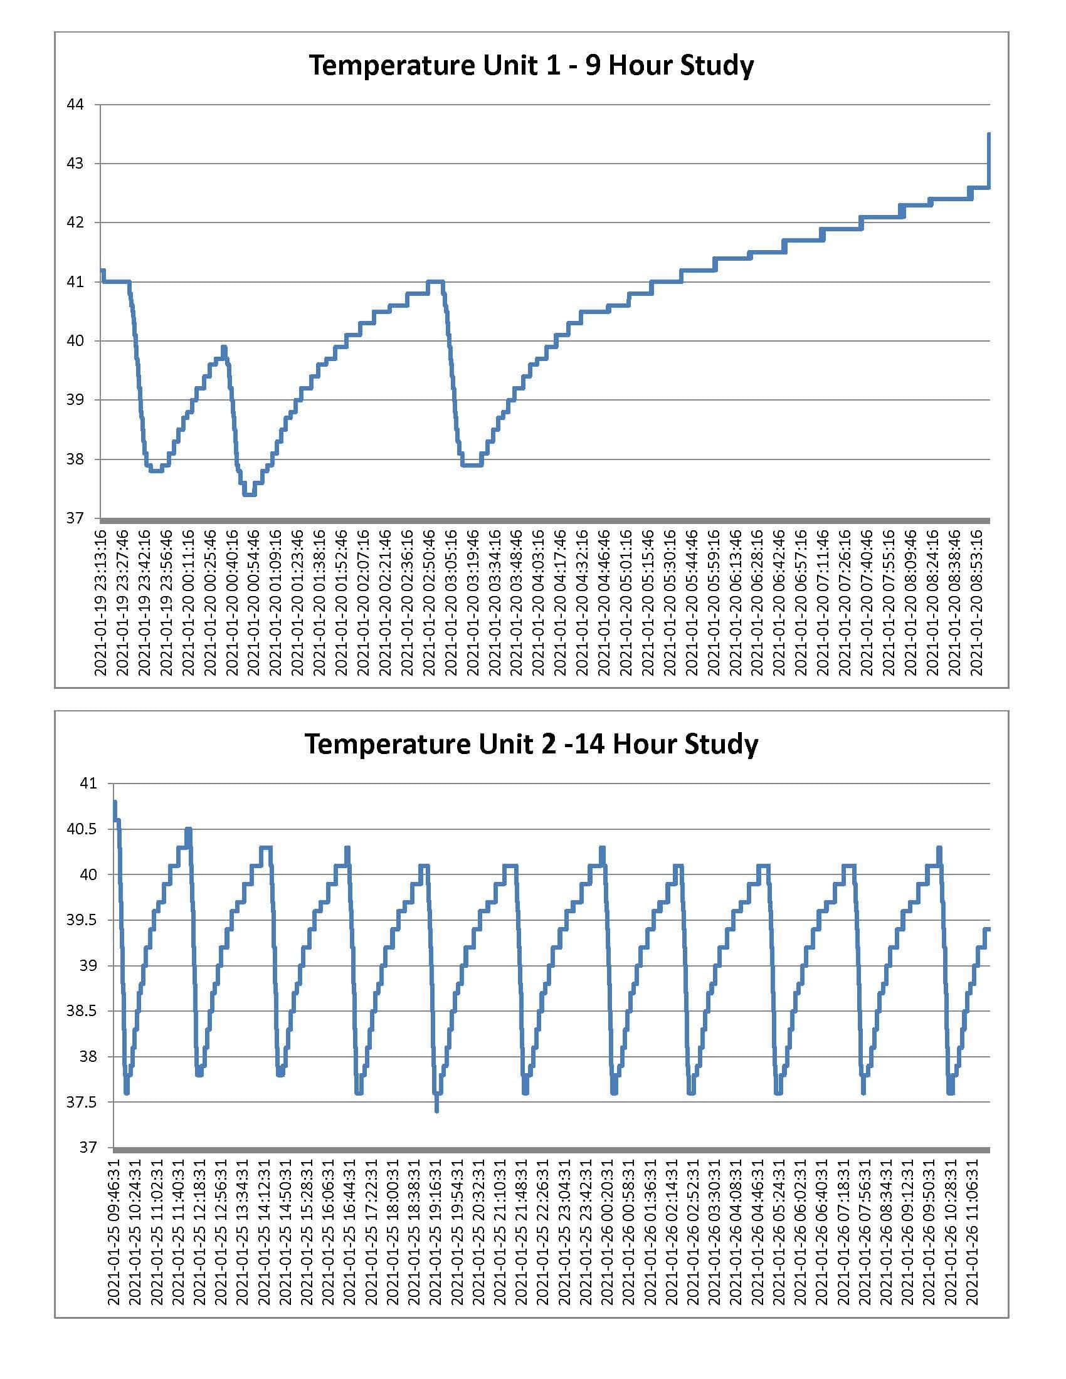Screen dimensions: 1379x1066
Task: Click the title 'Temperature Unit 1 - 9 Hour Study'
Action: point(531,66)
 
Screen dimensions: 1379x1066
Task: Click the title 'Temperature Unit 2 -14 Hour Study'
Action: point(531,744)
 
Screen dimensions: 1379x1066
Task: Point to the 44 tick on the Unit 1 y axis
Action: point(75,105)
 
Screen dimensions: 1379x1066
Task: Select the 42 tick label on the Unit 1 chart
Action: point(75,223)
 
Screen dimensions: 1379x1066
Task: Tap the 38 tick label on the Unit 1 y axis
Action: point(75,459)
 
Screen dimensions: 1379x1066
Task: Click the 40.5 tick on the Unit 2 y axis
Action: point(82,829)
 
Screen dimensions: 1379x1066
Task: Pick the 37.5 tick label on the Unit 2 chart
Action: point(82,1103)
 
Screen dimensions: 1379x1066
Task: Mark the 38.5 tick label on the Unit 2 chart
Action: point(82,1012)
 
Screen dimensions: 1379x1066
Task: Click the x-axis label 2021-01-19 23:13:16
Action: point(101,603)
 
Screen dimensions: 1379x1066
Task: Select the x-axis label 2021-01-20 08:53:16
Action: point(976,603)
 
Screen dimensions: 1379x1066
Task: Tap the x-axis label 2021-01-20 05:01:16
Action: point(626,603)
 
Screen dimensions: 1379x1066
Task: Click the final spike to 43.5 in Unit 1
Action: point(989,135)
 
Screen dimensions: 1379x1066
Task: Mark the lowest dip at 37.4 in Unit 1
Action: point(250,495)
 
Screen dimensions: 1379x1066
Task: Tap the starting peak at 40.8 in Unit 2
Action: point(115,802)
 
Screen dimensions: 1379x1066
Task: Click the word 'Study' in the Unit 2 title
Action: point(721,744)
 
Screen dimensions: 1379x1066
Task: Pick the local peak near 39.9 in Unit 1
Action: point(224,347)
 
